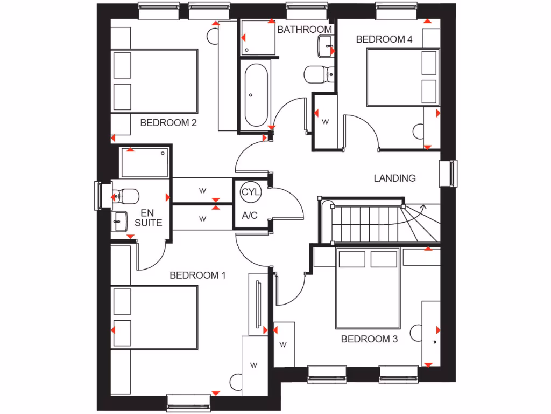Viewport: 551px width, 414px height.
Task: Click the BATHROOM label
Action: tap(305, 29)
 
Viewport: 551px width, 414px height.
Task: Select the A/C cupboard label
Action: tap(250, 216)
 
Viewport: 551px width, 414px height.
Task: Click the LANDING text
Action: tap(395, 178)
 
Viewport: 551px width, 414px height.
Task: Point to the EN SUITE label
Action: tap(148, 218)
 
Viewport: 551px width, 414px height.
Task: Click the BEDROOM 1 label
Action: tap(197, 275)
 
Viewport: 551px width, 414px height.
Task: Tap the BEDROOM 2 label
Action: tap(168, 122)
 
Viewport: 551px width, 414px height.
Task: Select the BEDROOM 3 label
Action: tap(369, 339)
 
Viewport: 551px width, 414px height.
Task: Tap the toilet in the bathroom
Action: tap(316, 74)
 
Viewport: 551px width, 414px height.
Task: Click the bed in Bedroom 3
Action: tap(368, 288)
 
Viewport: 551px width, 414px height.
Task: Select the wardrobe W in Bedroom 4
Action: tap(325, 122)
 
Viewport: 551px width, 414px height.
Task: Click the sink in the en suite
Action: tap(119, 221)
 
